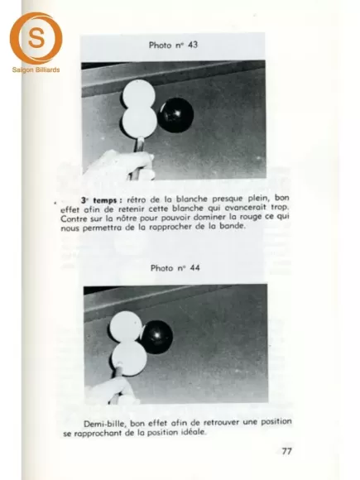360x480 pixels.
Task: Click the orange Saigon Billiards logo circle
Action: pos(36,38)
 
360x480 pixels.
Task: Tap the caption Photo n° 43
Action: pos(172,46)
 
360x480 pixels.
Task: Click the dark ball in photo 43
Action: pos(175,115)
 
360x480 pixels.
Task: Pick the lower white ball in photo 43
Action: pos(140,122)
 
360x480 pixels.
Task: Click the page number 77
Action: pos(286,452)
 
